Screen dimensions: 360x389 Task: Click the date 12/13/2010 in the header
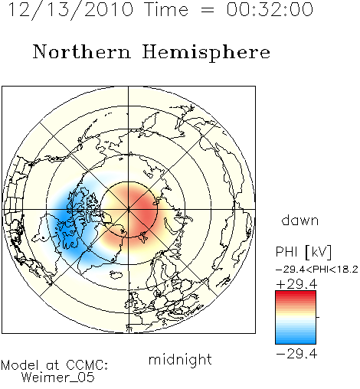click(70, 10)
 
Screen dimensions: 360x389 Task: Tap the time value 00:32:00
click(270, 9)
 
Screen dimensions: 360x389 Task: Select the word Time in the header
click(166, 9)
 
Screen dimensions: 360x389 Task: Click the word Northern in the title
click(81, 51)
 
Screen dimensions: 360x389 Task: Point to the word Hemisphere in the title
click(206, 53)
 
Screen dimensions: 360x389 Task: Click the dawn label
click(300, 221)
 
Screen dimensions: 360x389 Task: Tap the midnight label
click(180, 360)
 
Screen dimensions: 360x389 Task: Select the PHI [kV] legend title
click(303, 252)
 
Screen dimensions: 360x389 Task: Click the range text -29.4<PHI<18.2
click(317, 270)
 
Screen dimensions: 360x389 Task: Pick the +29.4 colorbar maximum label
click(296, 284)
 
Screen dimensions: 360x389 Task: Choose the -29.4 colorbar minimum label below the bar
click(296, 354)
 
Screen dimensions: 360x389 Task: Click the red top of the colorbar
click(296, 294)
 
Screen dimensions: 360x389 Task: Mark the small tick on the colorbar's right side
click(318, 317)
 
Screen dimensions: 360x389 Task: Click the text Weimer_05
click(58, 378)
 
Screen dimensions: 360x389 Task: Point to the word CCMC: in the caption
click(87, 365)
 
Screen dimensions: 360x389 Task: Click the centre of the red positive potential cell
click(143, 213)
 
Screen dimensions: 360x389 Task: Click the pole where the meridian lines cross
click(129, 209)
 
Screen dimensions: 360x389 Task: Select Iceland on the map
click(116, 275)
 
